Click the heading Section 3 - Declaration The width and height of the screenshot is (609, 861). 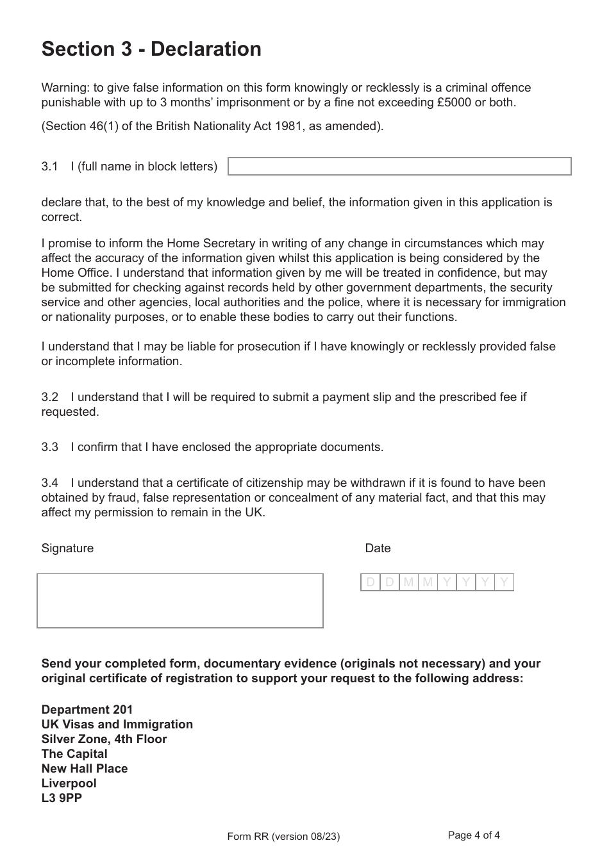[x=151, y=49]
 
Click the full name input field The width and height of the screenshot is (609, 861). [x=399, y=167]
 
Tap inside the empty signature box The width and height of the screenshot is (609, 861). [x=180, y=600]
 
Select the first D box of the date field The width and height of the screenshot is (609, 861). [x=370, y=582]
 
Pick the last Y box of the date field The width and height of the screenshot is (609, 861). [x=504, y=582]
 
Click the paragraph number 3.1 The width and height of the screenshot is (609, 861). [x=50, y=167]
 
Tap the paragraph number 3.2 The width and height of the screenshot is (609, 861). [x=50, y=397]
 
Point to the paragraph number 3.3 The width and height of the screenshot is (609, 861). [x=50, y=447]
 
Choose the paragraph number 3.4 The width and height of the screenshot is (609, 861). [x=50, y=483]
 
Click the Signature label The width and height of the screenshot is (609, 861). [x=67, y=548]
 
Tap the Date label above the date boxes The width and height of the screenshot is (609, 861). [x=378, y=548]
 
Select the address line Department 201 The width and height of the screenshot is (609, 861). [x=87, y=710]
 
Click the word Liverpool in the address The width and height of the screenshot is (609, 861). [x=69, y=783]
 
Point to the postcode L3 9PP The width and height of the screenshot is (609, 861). [x=62, y=798]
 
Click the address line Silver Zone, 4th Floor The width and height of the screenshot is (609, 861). [x=104, y=739]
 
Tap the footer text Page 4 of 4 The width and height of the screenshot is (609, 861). [x=474, y=835]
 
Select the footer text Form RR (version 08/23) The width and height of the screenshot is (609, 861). [x=283, y=837]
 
